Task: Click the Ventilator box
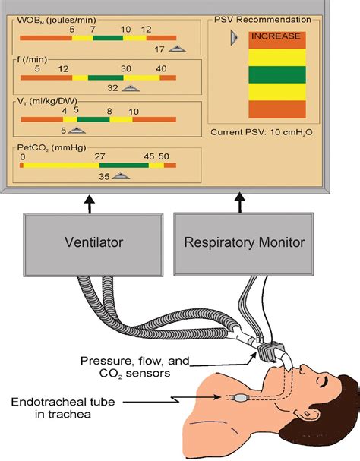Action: pos(93,245)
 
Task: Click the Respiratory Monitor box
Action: pos(244,244)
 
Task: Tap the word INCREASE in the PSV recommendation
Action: pos(276,36)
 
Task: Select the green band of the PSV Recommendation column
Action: pos(277,74)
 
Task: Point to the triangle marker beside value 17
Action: pos(177,49)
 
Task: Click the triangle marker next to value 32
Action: pos(131,88)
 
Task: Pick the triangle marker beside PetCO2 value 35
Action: pos(121,176)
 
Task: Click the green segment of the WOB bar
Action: pos(108,38)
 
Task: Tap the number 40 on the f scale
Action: pos(161,69)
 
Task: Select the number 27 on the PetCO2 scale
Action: pos(99,156)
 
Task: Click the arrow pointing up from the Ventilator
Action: pos(90,204)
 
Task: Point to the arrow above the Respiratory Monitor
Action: pos(240,203)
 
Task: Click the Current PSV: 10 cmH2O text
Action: pos(261,132)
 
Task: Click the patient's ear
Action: pos(308,415)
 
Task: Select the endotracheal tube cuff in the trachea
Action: pos(240,398)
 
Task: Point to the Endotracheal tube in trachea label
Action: pos(62,408)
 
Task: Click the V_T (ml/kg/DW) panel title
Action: pos(47,102)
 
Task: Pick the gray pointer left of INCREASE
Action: pos(234,38)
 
